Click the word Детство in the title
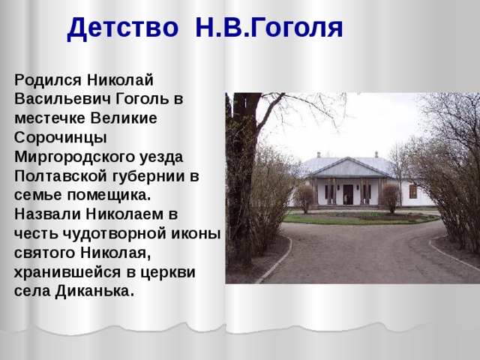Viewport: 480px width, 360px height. tap(122, 28)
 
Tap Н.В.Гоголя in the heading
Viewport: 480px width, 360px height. tap(268, 28)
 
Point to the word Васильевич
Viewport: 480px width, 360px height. tap(64, 99)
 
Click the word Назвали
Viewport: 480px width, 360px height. tap(47, 215)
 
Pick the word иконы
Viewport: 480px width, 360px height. tap(199, 234)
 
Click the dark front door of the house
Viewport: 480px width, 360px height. tap(348, 194)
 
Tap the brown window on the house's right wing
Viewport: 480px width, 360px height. tap(412, 190)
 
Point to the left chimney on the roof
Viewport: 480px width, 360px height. tap(319, 154)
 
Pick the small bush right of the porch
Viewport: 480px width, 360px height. tap(389, 196)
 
